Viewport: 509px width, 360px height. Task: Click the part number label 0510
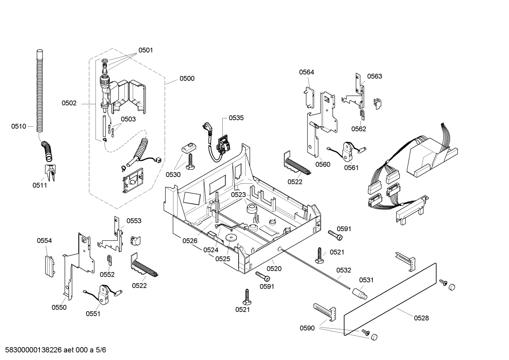pyautogui.click(x=18, y=126)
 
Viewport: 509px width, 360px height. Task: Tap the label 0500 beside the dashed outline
pyautogui.click(x=187, y=78)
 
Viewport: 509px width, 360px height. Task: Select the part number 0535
pyautogui.click(x=236, y=118)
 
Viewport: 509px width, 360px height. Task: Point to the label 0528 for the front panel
pyautogui.click(x=421, y=318)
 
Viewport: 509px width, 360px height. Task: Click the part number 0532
pyautogui.click(x=343, y=270)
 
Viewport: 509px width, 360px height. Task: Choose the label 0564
pyautogui.click(x=306, y=72)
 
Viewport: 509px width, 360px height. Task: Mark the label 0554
pyautogui.click(x=44, y=241)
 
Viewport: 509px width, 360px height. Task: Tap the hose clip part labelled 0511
pyautogui.click(x=49, y=172)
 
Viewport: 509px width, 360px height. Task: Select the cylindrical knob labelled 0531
pyautogui.click(x=359, y=293)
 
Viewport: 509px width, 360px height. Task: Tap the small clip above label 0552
pyautogui.click(x=109, y=260)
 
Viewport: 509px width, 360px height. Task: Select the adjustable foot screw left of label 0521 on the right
pyautogui.click(x=320, y=256)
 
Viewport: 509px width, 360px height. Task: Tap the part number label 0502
pyautogui.click(x=69, y=103)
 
